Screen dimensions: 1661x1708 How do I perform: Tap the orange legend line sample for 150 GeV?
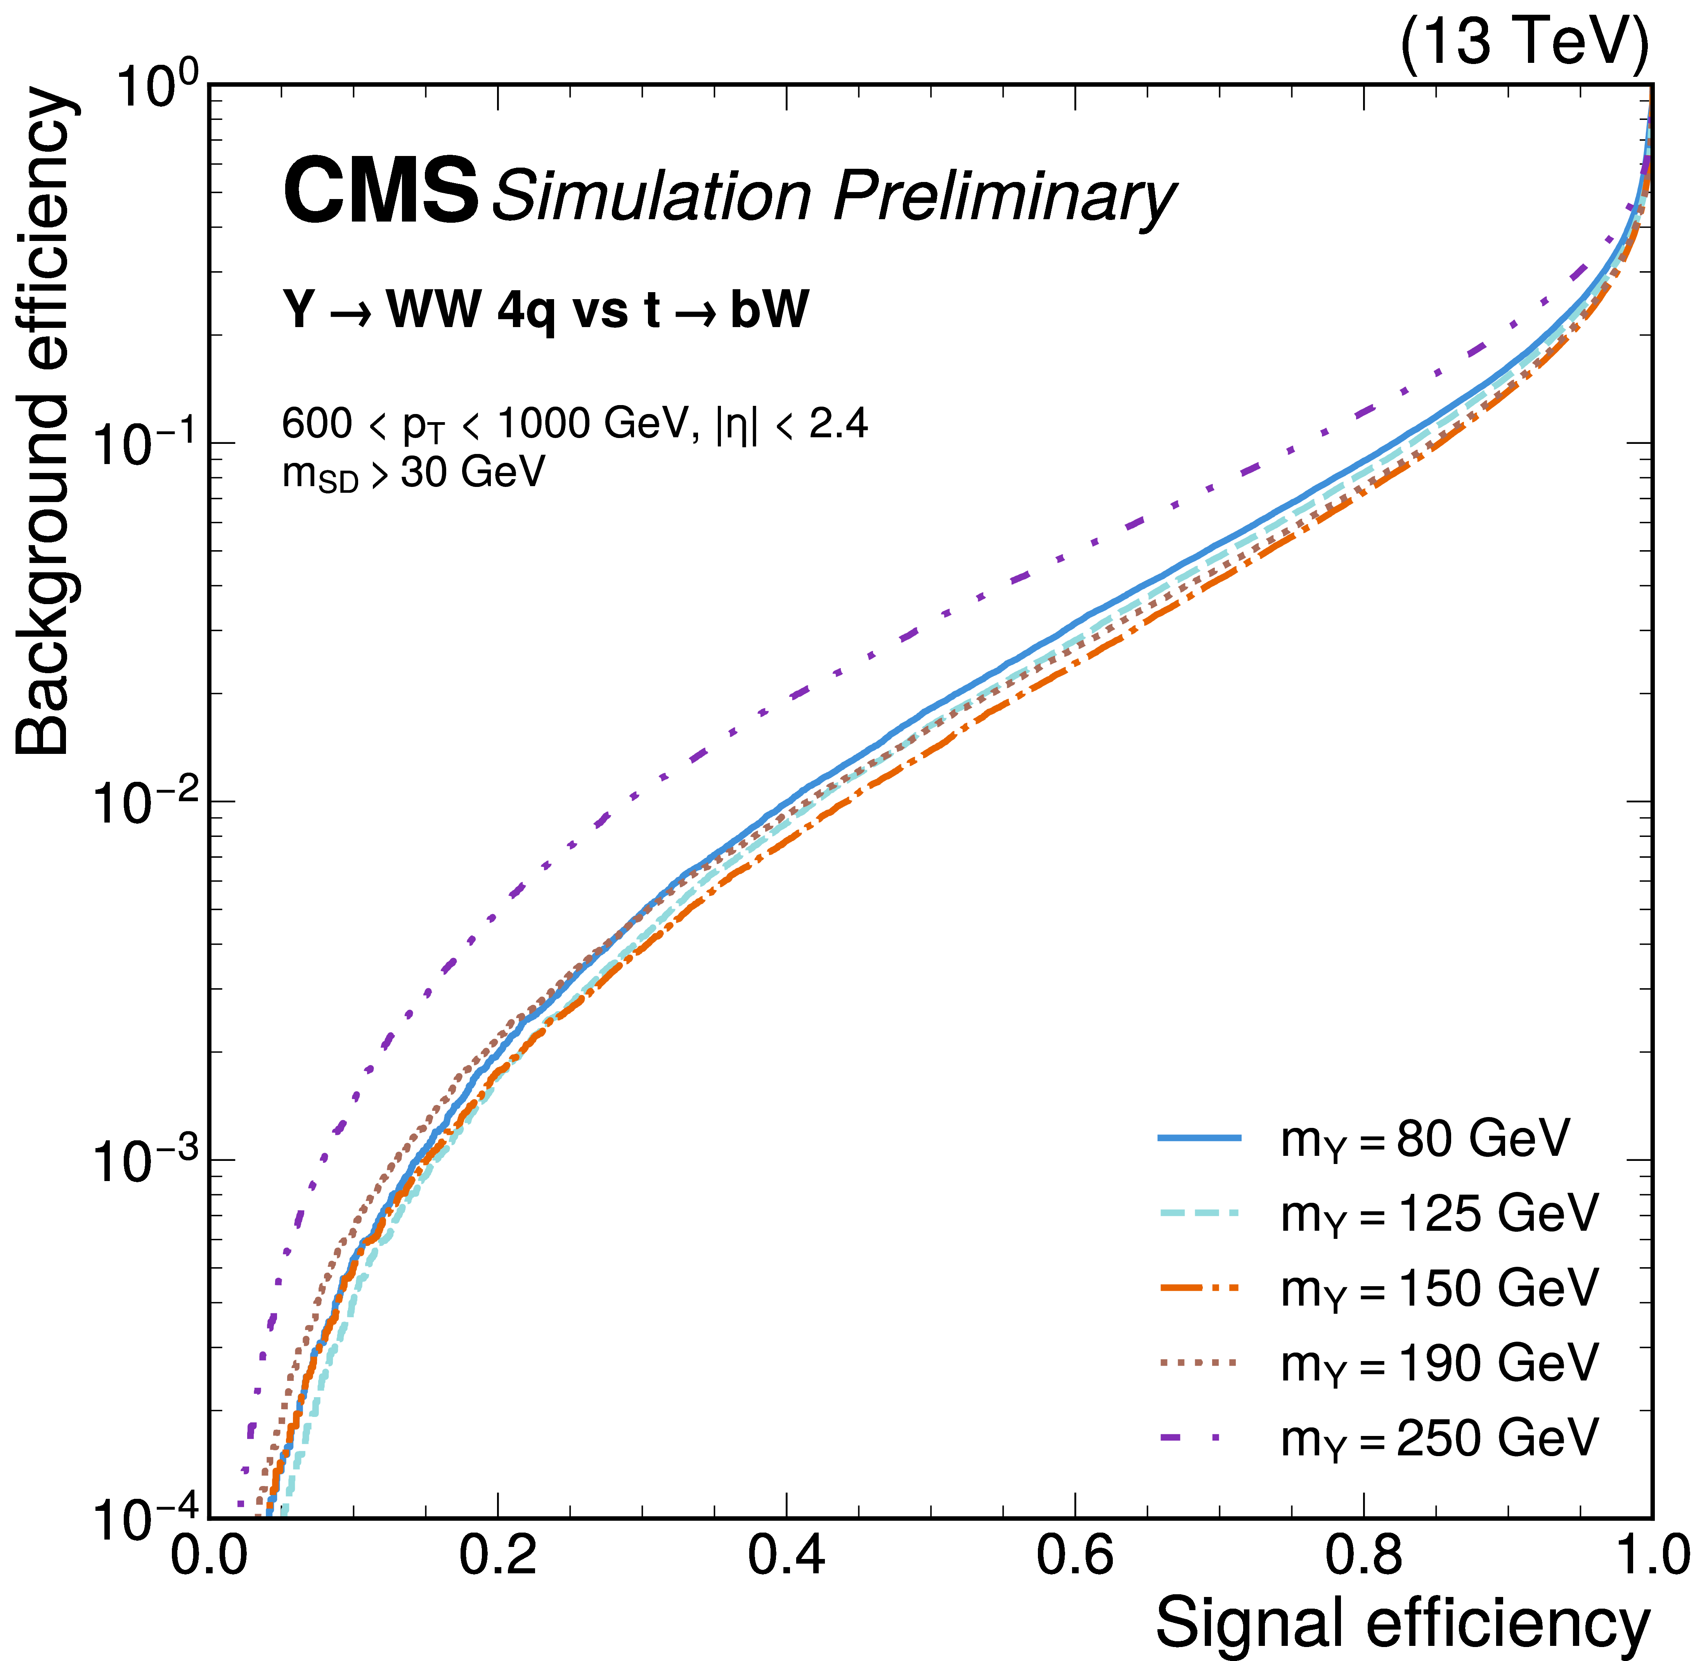coord(1199,1288)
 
